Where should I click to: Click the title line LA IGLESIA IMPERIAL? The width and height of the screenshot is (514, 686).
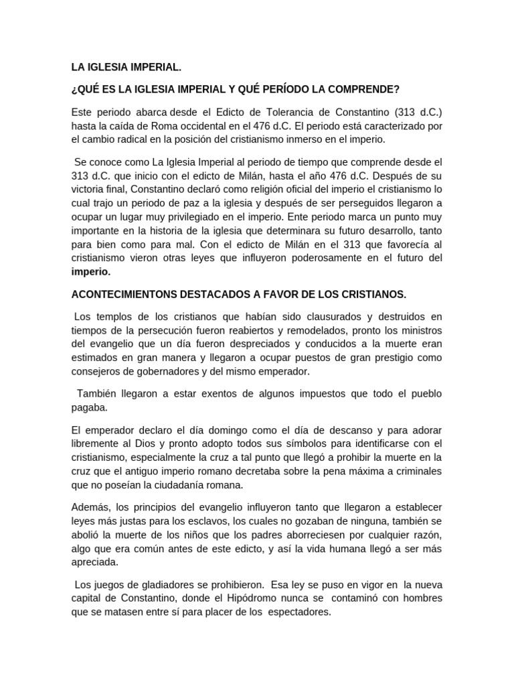126,67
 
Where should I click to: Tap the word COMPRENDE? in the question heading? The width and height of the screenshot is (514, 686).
362,88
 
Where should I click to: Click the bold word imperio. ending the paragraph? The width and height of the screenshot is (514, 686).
91,273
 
